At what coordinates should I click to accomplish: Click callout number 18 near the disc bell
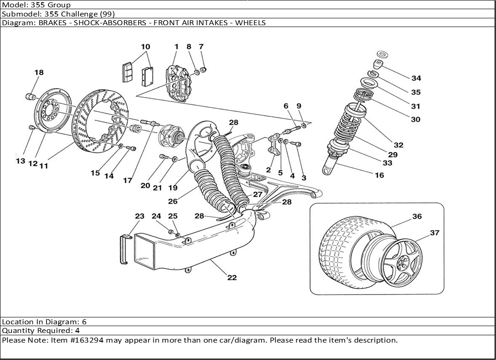point(39,72)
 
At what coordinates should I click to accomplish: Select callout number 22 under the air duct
point(232,278)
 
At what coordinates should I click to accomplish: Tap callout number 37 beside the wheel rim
point(434,233)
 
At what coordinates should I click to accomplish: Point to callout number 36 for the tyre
point(416,217)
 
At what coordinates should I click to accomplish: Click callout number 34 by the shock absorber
point(416,78)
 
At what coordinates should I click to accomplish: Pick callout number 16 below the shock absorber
point(379,175)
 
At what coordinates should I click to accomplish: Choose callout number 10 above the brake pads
point(145,47)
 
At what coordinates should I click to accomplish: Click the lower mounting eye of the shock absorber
point(327,171)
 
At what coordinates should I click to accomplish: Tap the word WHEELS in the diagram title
point(250,22)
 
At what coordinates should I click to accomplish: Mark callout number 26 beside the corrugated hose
point(173,202)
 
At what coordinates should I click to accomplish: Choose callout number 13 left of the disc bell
point(20,161)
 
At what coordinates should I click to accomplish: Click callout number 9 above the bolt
point(299,106)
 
